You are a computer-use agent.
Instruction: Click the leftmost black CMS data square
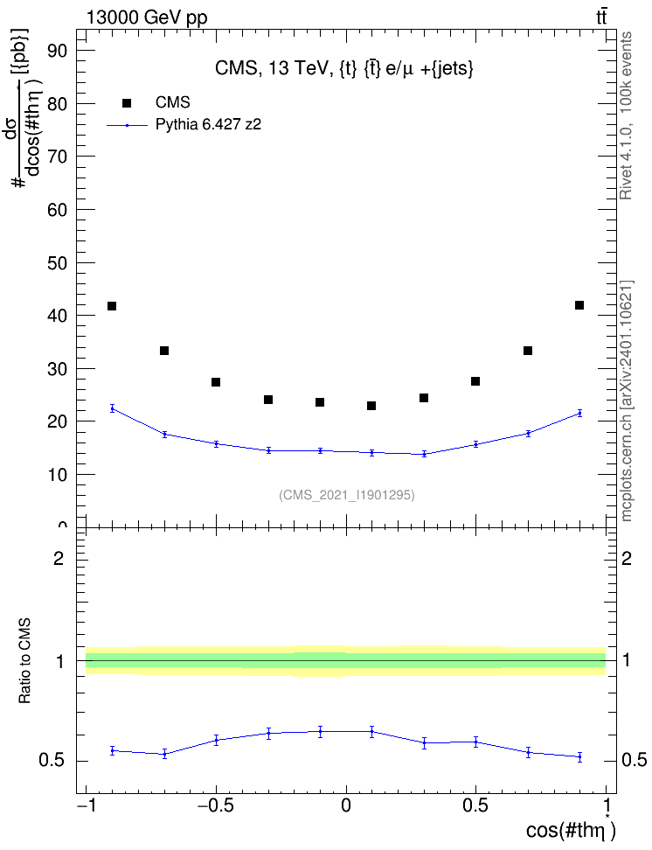coord(112,306)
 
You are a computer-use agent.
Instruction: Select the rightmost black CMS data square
coord(579,305)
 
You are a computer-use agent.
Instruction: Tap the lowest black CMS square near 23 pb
coord(371,406)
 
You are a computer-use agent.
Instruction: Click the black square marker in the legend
coord(127,103)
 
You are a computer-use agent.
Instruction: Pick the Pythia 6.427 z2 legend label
coord(208,125)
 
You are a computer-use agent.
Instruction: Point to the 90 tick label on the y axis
coord(57,51)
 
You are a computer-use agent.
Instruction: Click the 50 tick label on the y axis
coord(57,263)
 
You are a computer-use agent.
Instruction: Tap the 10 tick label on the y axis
coord(57,475)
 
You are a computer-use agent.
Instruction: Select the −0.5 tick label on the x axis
coord(216,805)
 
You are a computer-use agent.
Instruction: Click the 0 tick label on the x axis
coord(346,805)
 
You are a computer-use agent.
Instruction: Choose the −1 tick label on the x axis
coord(86,805)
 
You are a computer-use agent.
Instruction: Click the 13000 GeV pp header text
coord(147,17)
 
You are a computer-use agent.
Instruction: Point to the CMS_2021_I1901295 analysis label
coord(347,495)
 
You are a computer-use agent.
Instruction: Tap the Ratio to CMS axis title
coord(24,661)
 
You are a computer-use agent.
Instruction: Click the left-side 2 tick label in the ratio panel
coord(59,558)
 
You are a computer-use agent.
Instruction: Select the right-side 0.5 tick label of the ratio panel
coord(634,760)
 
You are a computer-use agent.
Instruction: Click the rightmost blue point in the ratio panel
coord(579,756)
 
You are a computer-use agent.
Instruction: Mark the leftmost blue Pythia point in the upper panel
coord(112,408)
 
